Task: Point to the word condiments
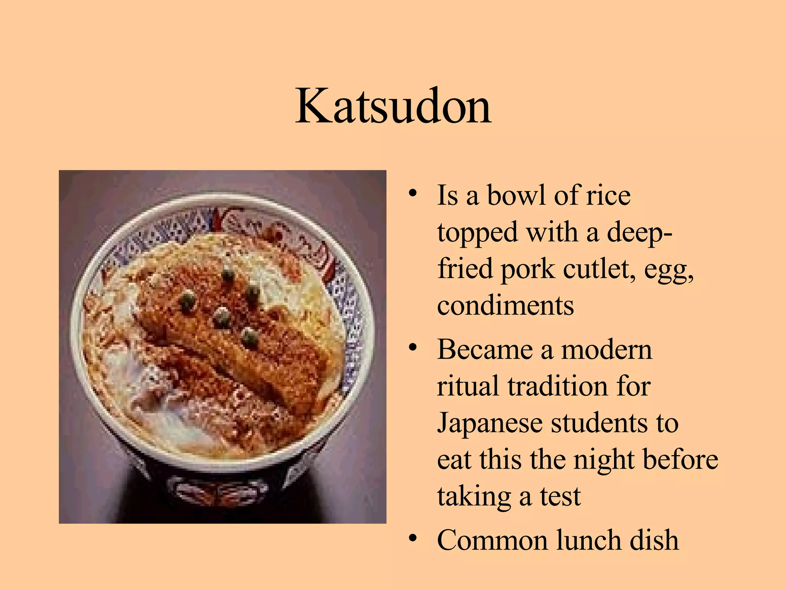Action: pyautogui.click(x=505, y=306)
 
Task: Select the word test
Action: pyautogui.click(x=560, y=496)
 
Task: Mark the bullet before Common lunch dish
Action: pyautogui.click(x=413, y=538)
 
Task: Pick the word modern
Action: pyautogui.click(x=606, y=350)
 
